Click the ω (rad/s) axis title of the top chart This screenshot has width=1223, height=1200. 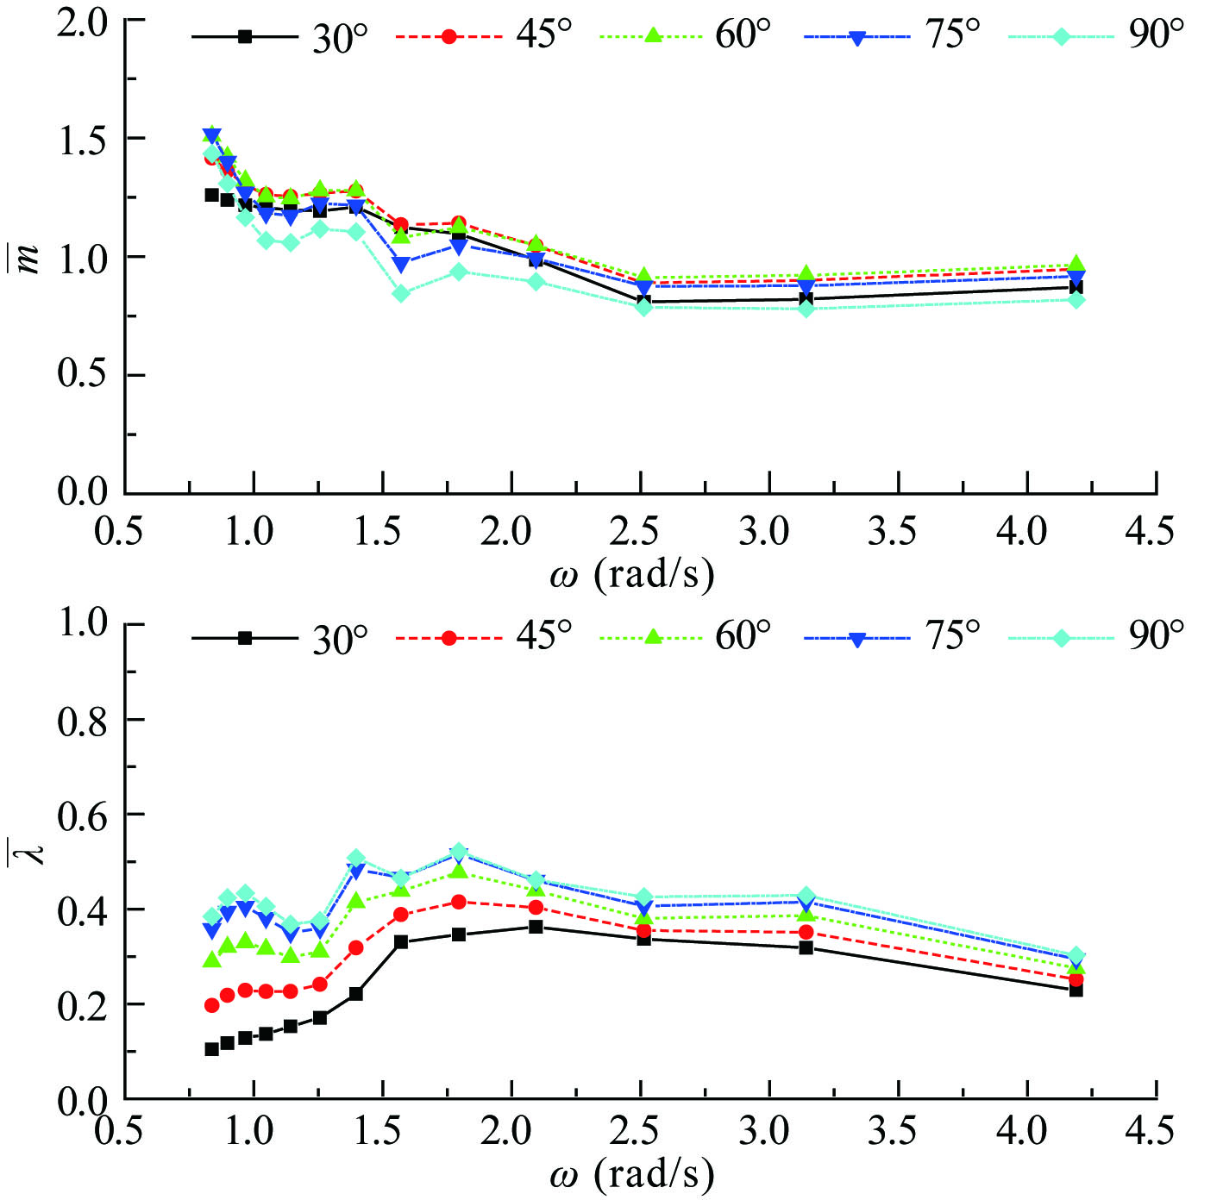632,573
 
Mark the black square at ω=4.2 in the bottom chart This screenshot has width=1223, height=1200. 1076,991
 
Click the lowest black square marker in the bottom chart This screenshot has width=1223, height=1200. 211,1049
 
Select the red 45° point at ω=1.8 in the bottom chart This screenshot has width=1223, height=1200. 459,902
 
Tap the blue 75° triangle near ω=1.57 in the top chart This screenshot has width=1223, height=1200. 401,265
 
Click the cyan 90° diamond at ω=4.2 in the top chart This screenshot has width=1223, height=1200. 1076,300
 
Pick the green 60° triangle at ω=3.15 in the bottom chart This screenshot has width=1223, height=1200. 806,914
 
